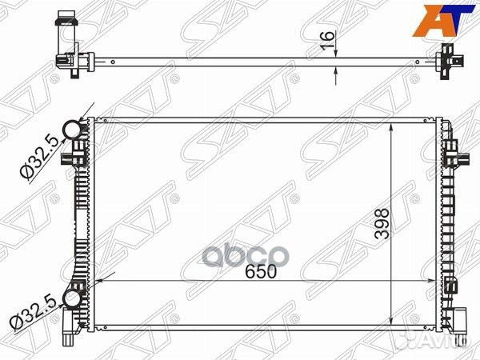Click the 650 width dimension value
point(261,271)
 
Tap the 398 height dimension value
point(382,224)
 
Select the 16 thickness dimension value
point(327,40)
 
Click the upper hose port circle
point(72,130)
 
